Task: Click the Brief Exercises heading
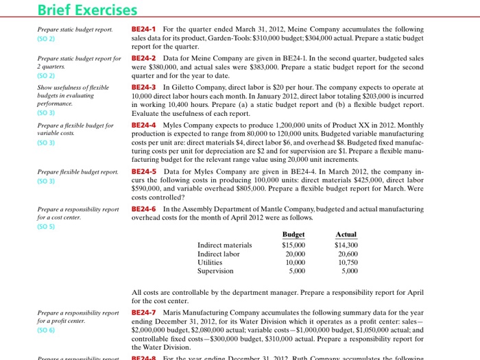pyautogui.click(x=87, y=10)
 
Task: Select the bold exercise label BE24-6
pyautogui.click(x=144, y=208)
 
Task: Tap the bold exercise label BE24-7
pyautogui.click(x=144, y=313)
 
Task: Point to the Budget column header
pyautogui.click(x=293, y=235)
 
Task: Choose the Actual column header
pyautogui.click(x=346, y=235)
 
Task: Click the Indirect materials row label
pyautogui.click(x=224, y=245)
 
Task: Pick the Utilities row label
pyautogui.click(x=209, y=262)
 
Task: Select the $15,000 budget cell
pyautogui.click(x=293, y=245)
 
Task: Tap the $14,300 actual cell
pyautogui.click(x=346, y=245)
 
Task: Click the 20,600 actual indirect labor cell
pyautogui.click(x=348, y=254)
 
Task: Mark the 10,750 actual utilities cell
pyautogui.click(x=348, y=262)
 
